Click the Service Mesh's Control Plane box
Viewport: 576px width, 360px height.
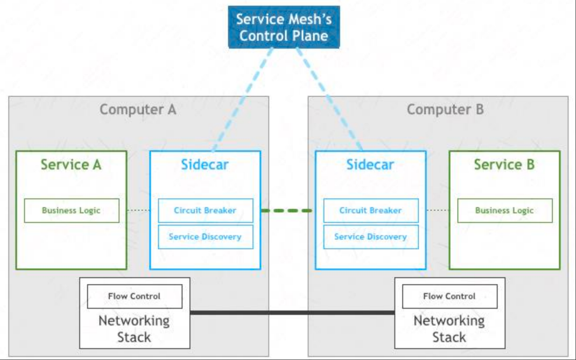click(x=284, y=27)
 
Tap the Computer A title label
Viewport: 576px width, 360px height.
click(x=138, y=109)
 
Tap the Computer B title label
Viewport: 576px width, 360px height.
click(x=445, y=109)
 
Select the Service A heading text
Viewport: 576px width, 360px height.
click(x=71, y=164)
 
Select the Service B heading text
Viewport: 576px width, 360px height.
click(x=504, y=164)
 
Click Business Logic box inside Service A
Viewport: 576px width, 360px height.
click(x=72, y=211)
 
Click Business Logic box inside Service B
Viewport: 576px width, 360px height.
click(x=505, y=211)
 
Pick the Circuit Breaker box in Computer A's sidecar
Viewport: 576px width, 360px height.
click(x=205, y=211)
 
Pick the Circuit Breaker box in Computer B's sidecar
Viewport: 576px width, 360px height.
click(x=371, y=211)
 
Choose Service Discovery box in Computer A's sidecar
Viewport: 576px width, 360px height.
click(x=205, y=237)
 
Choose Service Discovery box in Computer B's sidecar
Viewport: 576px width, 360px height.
click(x=371, y=237)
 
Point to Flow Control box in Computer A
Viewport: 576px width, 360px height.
click(x=135, y=296)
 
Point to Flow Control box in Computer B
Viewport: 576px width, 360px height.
click(x=450, y=296)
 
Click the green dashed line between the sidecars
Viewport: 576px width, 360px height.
click(x=288, y=211)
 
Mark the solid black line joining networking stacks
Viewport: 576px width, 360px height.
click(x=292, y=313)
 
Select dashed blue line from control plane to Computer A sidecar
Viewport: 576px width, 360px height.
click(x=242, y=99)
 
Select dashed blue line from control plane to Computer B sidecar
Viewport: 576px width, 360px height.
click(x=330, y=99)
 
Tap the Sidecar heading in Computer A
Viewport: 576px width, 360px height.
click(x=205, y=164)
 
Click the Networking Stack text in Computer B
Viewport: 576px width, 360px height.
click(x=449, y=329)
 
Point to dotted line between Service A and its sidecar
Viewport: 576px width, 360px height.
click(x=138, y=211)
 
